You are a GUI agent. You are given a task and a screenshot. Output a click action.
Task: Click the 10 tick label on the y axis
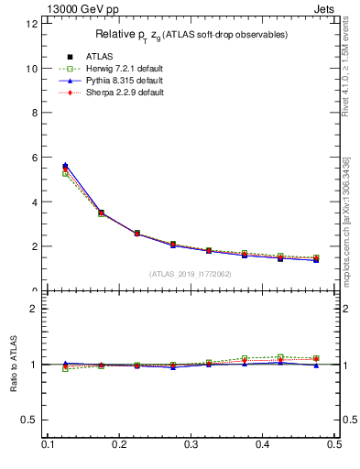click(x=32, y=69)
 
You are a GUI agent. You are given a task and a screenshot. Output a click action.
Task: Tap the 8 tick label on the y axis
click(x=35, y=114)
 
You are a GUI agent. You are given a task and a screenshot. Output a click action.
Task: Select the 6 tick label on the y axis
click(x=35, y=158)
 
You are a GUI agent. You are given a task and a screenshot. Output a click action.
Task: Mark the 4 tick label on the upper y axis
click(x=35, y=202)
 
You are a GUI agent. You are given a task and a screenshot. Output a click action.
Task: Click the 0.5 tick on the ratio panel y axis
click(x=31, y=420)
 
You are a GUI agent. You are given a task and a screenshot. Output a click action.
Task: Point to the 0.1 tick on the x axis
click(x=48, y=444)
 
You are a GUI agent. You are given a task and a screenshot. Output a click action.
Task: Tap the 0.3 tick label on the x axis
click(x=191, y=444)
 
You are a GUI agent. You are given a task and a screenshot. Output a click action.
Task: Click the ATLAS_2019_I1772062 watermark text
click(x=191, y=273)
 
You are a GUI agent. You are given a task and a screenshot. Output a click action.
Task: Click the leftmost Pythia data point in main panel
click(x=65, y=166)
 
